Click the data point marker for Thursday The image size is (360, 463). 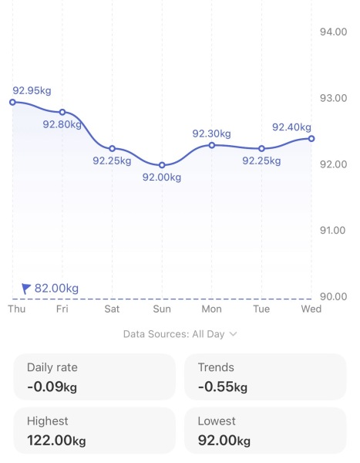pos(12,102)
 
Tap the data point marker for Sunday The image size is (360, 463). pos(162,165)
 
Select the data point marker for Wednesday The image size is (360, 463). pos(311,138)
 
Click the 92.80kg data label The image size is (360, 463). pos(62,124)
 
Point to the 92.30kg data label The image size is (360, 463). pos(211,133)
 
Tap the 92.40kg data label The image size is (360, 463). pos(291,127)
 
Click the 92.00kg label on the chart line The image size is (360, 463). pos(162,177)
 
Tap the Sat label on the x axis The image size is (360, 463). pos(113,309)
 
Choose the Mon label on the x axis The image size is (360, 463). pos(211,309)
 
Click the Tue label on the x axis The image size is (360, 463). pos(261,309)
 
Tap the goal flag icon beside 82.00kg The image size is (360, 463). pos(26,289)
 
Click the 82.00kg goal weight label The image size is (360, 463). pos(57,289)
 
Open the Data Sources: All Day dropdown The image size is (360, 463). pos(180,334)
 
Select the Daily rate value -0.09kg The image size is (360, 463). pos(52,387)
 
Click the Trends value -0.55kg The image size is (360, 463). pos(223,387)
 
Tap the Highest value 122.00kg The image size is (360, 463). pos(56,441)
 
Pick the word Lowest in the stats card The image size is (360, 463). pos(217,422)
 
